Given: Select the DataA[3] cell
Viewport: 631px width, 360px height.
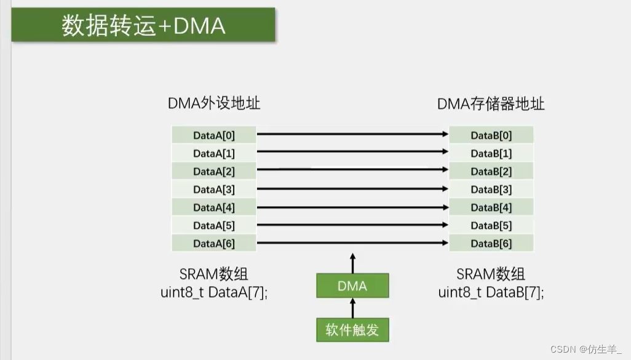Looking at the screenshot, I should pyautogui.click(x=213, y=190).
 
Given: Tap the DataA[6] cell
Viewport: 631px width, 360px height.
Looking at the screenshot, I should pyautogui.click(x=213, y=244).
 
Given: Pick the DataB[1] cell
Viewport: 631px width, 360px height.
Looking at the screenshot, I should pyautogui.click(x=491, y=153).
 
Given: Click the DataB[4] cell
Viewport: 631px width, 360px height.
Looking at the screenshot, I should pyautogui.click(x=491, y=208).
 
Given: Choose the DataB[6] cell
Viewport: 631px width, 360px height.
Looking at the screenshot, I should pyautogui.click(x=491, y=244).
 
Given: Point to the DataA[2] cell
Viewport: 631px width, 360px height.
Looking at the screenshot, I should pyautogui.click(x=213, y=171).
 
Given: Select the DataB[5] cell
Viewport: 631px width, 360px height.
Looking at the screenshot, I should pyautogui.click(x=491, y=226).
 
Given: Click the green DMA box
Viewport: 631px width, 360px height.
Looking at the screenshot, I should pyautogui.click(x=352, y=286).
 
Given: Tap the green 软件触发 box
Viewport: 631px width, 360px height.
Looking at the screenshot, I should pyautogui.click(x=352, y=330).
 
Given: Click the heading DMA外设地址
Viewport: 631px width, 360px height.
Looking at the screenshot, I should pyautogui.click(x=214, y=103).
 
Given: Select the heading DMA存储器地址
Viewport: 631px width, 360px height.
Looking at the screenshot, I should pyautogui.click(x=491, y=103).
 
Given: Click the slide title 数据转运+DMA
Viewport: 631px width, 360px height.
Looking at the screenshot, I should pyautogui.click(x=143, y=26).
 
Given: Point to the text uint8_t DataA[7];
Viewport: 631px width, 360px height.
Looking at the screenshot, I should pyautogui.click(x=214, y=292).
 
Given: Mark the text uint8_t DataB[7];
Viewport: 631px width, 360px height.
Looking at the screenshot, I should pyautogui.click(x=491, y=292).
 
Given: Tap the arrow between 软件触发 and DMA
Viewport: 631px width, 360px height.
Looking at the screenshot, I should pyautogui.click(x=352, y=308).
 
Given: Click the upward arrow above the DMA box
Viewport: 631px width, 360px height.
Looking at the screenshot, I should pyautogui.click(x=352, y=263).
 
